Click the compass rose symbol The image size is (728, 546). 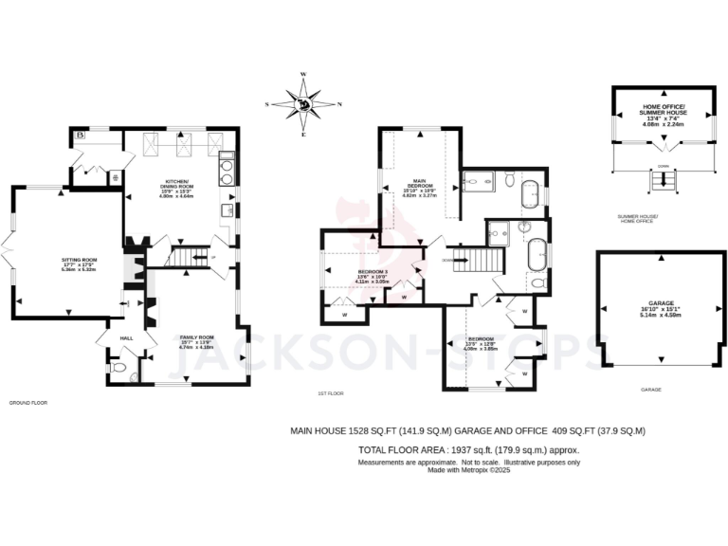(x=303, y=104)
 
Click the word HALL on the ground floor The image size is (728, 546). (x=125, y=337)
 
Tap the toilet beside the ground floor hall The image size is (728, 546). (x=118, y=368)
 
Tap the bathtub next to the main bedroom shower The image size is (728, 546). (x=529, y=192)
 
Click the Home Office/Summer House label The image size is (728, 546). (x=663, y=115)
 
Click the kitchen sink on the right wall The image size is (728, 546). (x=227, y=210)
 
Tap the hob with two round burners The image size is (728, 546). (x=227, y=170)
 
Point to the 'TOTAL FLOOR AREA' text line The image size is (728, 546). (x=467, y=449)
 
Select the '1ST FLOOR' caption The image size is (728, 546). (x=330, y=392)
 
